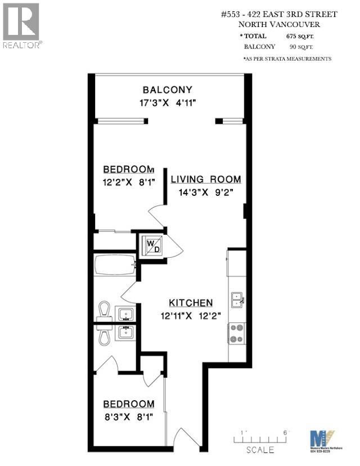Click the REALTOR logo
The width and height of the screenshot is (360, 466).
point(21,25)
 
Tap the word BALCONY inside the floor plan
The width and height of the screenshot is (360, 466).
point(167,89)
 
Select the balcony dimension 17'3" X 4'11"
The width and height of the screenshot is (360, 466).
point(167,102)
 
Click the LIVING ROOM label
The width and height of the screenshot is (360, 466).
point(206,180)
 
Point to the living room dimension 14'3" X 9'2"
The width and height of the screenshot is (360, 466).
point(206,192)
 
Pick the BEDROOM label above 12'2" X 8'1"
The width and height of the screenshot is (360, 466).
point(128,170)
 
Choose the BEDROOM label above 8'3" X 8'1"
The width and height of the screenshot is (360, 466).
point(128,404)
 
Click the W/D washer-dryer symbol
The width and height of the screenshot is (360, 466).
point(152,245)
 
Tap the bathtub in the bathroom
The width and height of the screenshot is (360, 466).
point(115,265)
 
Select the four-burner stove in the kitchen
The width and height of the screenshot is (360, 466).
point(236,333)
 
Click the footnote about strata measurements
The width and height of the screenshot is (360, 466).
point(287,59)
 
